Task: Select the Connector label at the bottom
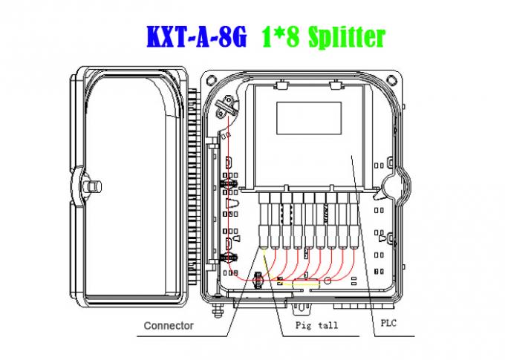tap(169, 325)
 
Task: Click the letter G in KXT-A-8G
tap(237, 35)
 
